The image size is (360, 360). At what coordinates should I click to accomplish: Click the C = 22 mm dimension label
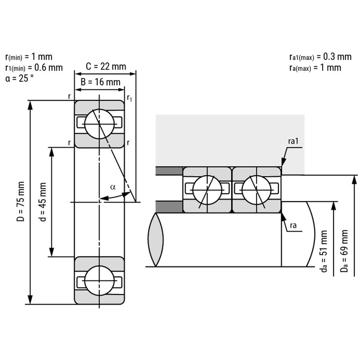click(x=106, y=66)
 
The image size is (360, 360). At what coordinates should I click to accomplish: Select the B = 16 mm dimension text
click(x=100, y=82)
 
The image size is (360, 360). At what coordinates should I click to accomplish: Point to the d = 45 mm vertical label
click(x=43, y=202)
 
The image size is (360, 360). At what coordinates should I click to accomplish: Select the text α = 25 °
click(x=20, y=78)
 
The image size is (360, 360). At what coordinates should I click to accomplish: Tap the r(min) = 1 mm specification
click(x=28, y=57)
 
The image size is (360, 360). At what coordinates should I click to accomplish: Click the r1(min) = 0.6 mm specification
click(x=34, y=68)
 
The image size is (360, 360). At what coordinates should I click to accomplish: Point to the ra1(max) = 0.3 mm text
click(x=320, y=57)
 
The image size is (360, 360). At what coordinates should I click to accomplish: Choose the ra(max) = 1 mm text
click(x=315, y=68)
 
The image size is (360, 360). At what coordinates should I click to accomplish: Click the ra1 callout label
click(x=294, y=141)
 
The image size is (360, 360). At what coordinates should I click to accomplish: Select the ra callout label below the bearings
click(x=293, y=226)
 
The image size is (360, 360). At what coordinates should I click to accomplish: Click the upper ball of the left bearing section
click(x=100, y=124)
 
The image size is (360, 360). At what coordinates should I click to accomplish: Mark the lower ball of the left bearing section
click(x=100, y=280)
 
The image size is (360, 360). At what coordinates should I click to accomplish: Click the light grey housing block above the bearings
click(x=230, y=140)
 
